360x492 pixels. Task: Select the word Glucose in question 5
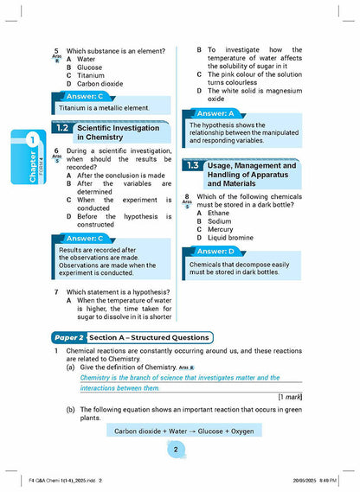(x=90, y=67)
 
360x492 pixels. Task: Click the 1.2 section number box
(x=61, y=127)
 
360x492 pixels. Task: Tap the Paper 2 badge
(x=67, y=337)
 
